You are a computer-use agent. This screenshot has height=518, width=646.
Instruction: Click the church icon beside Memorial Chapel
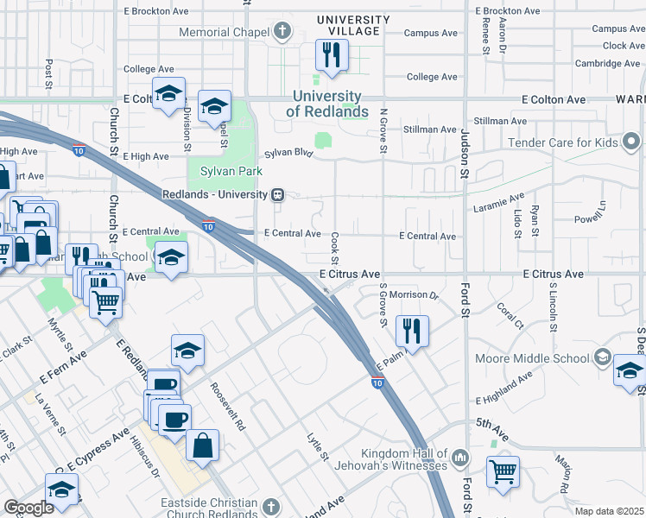pyautogui.click(x=282, y=33)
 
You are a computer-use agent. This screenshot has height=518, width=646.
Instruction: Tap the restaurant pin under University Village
pyautogui.click(x=331, y=56)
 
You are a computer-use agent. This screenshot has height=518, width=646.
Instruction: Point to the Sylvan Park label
pyautogui.click(x=231, y=171)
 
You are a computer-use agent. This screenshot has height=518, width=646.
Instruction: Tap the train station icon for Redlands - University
pyautogui.click(x=278, y=194)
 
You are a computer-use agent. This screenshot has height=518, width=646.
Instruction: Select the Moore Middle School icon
pyautogui.click(x=602, y=357)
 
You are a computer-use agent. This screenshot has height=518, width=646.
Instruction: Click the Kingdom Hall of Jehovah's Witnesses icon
pyautogui.click(x=460, y=455)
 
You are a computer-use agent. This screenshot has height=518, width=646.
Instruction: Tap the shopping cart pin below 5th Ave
pyautogui.click(x=503, y=472)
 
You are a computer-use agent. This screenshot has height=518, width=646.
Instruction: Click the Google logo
pyautogui.click(x=28, y=508)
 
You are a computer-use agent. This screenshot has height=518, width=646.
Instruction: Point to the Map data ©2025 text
pyautogui.click(x=609, y=511)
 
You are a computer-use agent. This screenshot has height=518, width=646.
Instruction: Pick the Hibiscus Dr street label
pyautogui.click(x=144, y=458)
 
